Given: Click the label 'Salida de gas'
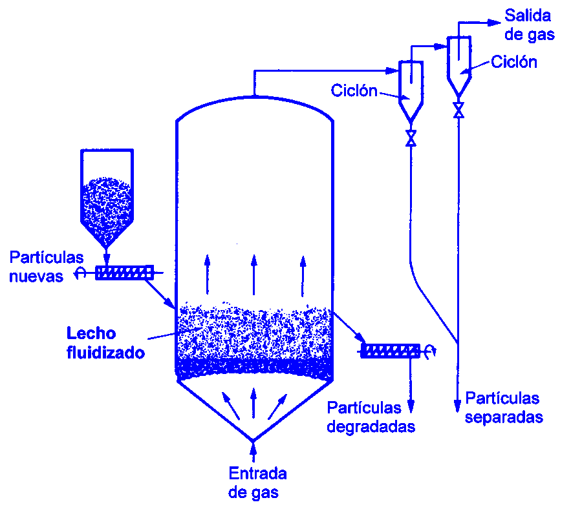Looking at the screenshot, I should (530, 25).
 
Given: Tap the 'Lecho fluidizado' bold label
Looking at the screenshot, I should (105, 343).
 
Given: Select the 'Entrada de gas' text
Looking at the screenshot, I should (257, 483).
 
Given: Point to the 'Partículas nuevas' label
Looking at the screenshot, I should (46, 267).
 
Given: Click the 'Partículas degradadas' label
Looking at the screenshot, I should (371, 417).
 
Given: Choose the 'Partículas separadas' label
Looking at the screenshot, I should (503, 408).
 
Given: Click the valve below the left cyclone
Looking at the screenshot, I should (410, 138).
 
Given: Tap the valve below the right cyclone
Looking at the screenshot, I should (458, 109).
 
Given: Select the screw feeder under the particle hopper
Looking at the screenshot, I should (125, 273).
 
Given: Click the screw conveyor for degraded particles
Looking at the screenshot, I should (390, 351).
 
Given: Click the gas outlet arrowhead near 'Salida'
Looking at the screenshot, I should (496, 22).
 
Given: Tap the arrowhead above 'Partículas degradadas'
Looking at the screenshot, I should (410, 407).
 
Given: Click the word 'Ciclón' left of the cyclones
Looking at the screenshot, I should (354, 90).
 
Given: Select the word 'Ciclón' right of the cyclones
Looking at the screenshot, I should (514, 62).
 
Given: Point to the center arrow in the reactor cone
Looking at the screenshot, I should (253, 404).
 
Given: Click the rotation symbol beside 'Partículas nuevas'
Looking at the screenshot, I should (80, 273).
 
